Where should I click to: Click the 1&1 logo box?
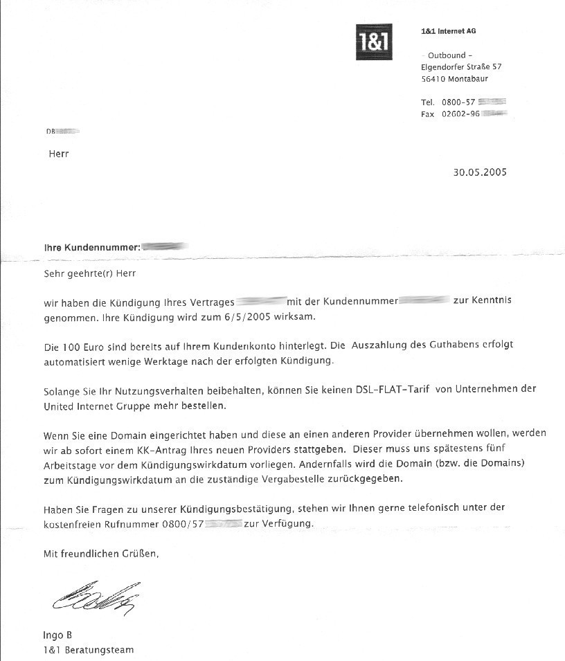pyautogui.click(x=374, y=42)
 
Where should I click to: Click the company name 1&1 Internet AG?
pyautogui.click(x=448, y=31)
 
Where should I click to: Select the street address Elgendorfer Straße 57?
pyautogui.click(x=461, y=67)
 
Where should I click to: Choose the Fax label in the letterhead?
pyautogui.click(x=427, y=114)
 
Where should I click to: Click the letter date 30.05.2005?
pyautogui.click(x=480, y=172)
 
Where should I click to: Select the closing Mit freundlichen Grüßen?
pyautogui.click(x=101, y=554)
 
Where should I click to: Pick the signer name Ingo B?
pyautogui.click(x=57, y=635)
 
